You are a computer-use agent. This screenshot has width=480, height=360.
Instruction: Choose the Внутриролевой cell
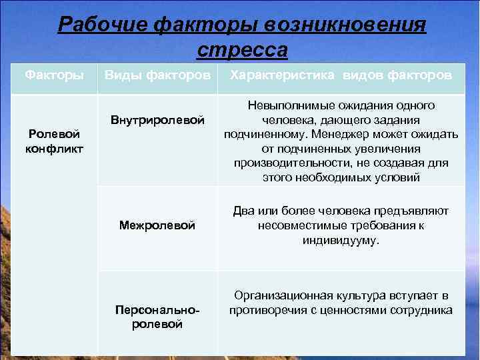157,120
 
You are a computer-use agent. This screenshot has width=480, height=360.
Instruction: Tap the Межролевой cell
157,226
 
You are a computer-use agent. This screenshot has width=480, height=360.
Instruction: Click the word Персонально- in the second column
157,311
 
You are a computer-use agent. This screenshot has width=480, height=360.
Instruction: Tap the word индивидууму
341,240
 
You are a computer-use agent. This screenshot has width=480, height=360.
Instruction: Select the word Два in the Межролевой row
242,211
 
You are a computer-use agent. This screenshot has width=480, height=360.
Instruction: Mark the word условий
399,178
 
